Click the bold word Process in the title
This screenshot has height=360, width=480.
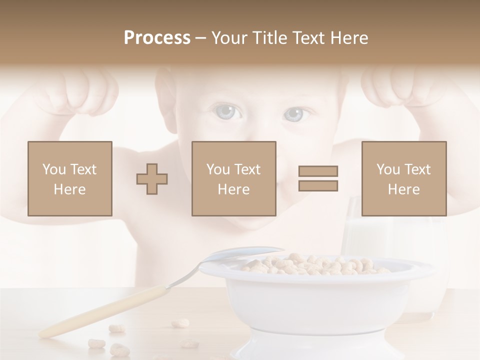157,38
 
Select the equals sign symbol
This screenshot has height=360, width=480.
318,178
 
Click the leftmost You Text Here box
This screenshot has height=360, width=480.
70,178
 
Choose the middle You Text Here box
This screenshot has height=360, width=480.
234,178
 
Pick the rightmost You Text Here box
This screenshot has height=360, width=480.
404,178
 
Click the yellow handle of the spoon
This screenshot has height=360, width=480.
100,312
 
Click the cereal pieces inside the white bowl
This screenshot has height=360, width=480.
315,264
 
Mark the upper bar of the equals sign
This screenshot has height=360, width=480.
318,171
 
